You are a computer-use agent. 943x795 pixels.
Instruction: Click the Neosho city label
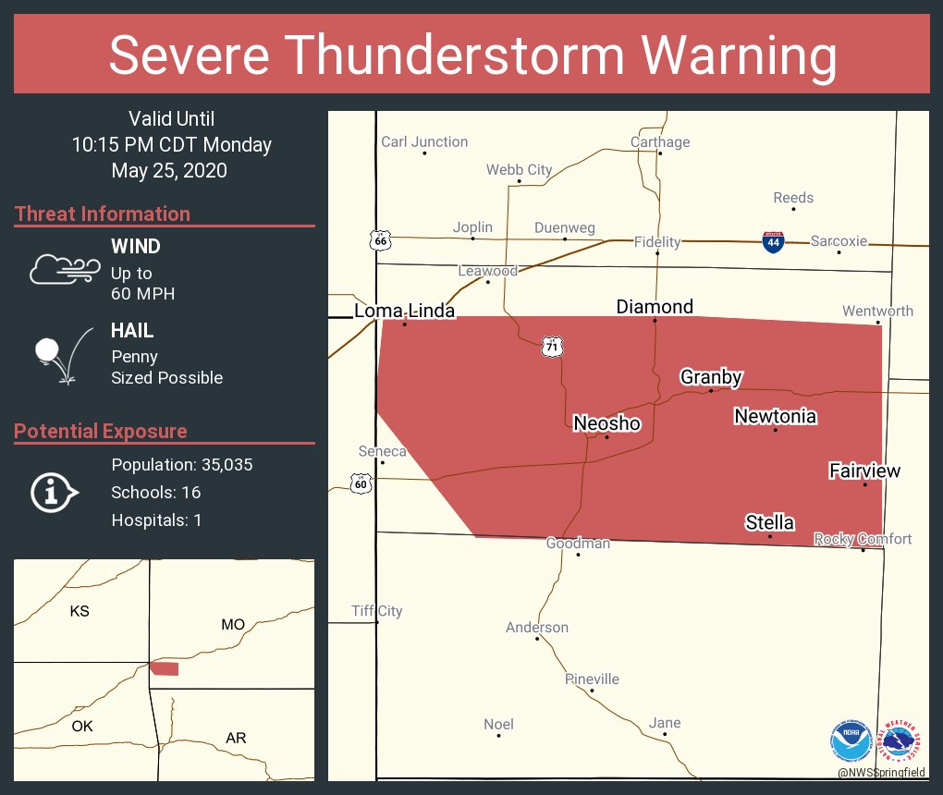pos(606,423)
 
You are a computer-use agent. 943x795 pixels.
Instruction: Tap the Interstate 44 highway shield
pos(774,242)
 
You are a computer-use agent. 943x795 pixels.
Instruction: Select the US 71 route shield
pos(552,347)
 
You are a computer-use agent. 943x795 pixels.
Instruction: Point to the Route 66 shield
pos(380,240)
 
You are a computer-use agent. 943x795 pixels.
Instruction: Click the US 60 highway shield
pos(361,482)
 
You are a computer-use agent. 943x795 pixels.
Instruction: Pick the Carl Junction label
pos(424,142)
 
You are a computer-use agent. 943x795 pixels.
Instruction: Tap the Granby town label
pos(711,377)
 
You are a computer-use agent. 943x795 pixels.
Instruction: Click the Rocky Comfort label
pos(862,539)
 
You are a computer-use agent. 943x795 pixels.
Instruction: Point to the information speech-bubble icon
pos(54,492)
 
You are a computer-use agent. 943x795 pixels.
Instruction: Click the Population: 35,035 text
pos(181,464)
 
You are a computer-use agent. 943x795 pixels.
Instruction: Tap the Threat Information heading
pos(103,214)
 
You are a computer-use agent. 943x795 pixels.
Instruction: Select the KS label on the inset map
pos(80,611)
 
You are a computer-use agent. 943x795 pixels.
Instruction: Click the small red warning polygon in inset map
pos(165,668)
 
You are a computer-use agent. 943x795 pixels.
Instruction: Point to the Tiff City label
pos(376,611)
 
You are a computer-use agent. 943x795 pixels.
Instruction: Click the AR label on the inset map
pos(236,738)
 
